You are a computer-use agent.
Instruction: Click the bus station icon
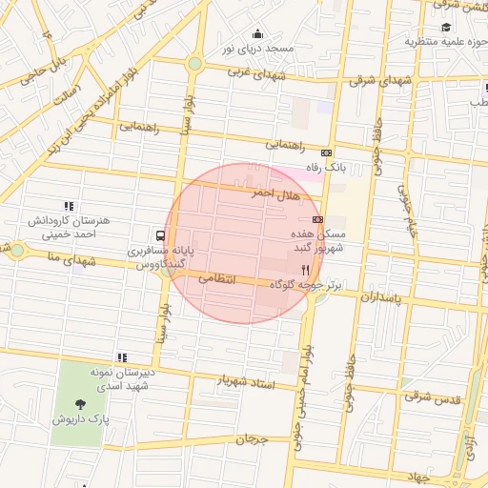pos(159,234)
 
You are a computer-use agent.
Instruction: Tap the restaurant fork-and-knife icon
pos(304,270)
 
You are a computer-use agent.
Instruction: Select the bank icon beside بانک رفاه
pos(327,152)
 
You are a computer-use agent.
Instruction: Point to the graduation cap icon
pos(446,26)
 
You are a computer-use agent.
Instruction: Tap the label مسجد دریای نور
pos(256,48)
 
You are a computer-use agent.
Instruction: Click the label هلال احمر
pos(275,193)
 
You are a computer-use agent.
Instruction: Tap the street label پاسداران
pos(383,299)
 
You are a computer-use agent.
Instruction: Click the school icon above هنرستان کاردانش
pos(68,206)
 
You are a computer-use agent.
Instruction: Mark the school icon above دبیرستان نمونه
pos(121,356)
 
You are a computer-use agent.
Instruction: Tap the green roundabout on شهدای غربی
pos(194,64)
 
